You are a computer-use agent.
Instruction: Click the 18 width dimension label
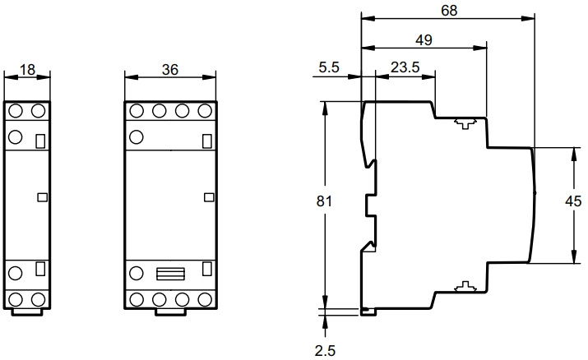(27, 70)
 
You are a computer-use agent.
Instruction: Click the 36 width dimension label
(170, 70)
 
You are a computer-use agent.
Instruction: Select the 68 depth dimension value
(449, 11)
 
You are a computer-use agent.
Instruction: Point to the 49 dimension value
(424, 39)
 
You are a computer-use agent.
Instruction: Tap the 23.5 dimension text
(405, 67)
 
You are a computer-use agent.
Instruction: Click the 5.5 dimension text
(329, 67)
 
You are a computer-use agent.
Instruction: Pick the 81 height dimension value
(324, 201)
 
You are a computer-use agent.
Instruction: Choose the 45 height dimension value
(573, 201)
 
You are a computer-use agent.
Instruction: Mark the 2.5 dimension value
(325, 351)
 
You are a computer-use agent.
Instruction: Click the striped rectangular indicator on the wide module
(170, 274)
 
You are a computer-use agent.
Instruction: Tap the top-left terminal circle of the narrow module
(16, 111)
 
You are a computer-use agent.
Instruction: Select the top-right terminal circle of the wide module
(205, 111)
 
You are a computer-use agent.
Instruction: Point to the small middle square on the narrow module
(43, 197)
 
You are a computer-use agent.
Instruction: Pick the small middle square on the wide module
(209, 197)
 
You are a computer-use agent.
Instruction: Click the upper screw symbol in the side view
(465, 123)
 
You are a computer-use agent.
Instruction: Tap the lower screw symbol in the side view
(465, 287)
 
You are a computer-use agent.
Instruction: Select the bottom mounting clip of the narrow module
(26, 312)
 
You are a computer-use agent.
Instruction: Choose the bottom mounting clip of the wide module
(170, 312)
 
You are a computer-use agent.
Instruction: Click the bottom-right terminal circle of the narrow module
(39, 300)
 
